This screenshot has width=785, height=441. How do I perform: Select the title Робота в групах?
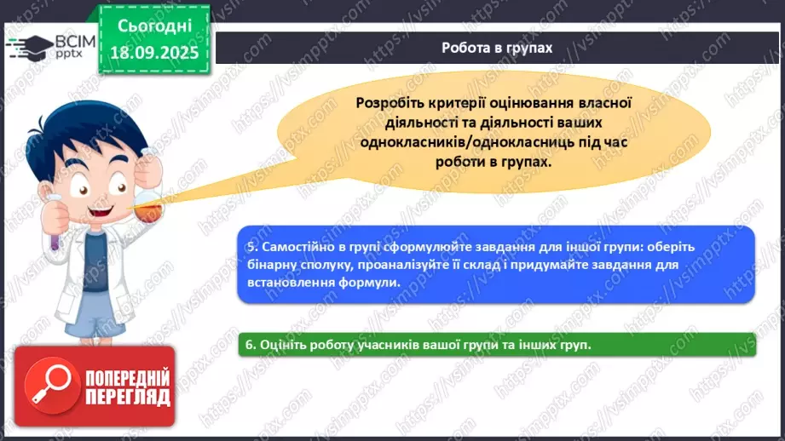[x=497, y=48]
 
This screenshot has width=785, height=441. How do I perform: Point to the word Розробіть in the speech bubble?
[x=389, y=102]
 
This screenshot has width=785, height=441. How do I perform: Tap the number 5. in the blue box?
[x=251, y=247]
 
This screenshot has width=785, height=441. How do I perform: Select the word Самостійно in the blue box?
[x=297, y=247]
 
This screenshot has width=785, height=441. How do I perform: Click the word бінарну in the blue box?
[x=269, y=265]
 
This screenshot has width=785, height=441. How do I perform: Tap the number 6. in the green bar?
[x=251, y=345]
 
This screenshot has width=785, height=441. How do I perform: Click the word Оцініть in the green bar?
[x=284, y=345]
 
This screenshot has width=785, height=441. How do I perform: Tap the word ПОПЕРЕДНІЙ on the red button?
[x=128, y=377]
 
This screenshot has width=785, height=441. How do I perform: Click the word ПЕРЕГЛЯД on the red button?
[x=128, y=397]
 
